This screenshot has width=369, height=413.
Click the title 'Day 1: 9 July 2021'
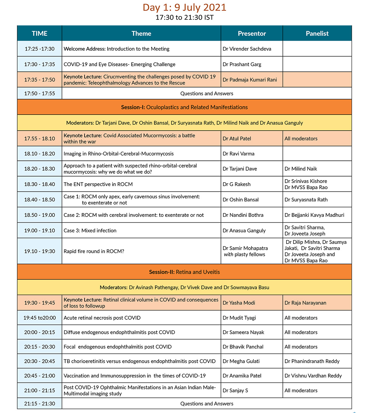[184, 7]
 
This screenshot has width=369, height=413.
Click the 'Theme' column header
[141, 34]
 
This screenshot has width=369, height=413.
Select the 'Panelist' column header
[317, 34]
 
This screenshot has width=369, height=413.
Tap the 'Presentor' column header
[252, 34]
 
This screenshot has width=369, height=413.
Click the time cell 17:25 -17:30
[40, 49]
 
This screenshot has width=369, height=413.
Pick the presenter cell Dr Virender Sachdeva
[247, 49]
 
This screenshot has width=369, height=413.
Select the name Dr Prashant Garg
[242, 64]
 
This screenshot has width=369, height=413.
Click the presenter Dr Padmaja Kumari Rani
[250, 80]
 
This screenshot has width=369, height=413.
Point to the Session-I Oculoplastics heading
[184, 107]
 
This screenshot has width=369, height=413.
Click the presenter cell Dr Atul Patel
[237, 139]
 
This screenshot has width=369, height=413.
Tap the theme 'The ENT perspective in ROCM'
[98, 184]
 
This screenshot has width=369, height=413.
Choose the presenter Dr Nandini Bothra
[243, 215]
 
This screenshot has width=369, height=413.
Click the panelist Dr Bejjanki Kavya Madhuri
[314, 215]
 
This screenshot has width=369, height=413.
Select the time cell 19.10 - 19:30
[40, 251]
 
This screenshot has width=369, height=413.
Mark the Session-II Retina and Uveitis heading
[184, 272]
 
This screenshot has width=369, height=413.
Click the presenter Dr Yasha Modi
[239, 303]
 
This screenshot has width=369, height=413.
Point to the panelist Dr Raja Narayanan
[305, 303]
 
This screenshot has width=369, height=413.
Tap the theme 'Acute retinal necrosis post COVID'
[102, 318]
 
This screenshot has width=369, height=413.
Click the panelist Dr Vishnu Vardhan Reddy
[313, 376]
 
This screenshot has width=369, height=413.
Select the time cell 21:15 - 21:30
[40, 404]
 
